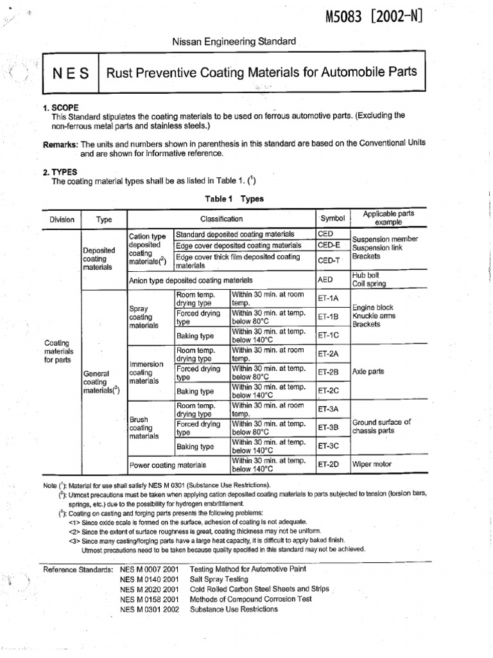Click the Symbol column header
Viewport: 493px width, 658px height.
(x=333, y=219)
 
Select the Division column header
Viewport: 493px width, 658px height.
(x=62, y=220)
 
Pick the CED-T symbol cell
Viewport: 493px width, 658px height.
(x=329, y=261)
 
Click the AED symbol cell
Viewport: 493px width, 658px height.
(x=325, y=281)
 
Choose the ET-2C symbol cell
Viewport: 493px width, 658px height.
(x=328, y=390)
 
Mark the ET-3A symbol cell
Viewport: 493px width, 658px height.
(x=328, y=409)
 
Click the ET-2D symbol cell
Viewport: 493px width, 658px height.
(x=328, y=464)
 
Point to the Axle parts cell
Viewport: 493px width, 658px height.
(x=368, y=372)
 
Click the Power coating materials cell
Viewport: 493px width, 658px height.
(x=168, y=465)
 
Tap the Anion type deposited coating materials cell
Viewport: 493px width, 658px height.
(x=191, y=281)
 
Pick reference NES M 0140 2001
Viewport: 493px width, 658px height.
(x=149, y=579)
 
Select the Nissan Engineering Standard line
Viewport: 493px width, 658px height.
(x=234, y=41)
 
